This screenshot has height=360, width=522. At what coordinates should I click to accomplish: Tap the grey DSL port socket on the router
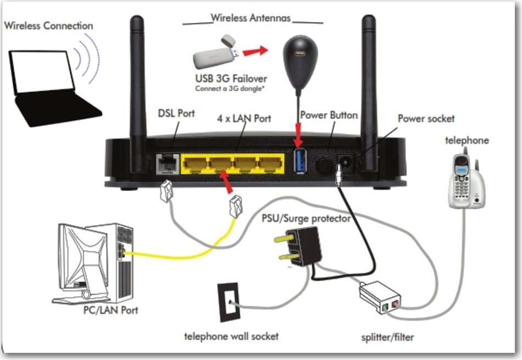point(166,163)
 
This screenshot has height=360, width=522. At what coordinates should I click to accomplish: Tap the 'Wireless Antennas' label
point(251,18)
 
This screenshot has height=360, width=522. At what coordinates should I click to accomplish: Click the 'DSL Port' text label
point(176,113)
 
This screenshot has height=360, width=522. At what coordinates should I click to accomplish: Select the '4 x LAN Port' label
point(244,118)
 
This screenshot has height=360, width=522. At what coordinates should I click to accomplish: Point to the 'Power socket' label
point(426,118)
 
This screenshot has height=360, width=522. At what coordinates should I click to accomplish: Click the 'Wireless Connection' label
point(48,25)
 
